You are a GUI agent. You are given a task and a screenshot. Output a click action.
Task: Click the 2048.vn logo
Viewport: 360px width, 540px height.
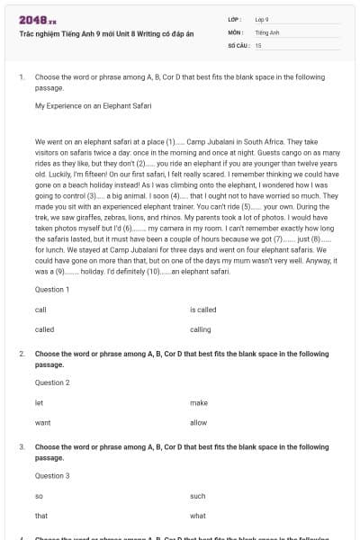(x=31, y=19)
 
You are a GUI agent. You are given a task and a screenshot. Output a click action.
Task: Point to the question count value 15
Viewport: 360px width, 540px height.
(x=258, y=44)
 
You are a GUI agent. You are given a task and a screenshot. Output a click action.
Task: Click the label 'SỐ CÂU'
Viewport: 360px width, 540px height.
(x=237, y=44)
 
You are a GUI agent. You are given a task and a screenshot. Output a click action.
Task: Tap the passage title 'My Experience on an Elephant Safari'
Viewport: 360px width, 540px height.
(x=93, y=105)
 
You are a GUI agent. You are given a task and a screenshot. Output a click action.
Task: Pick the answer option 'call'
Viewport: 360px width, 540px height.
(x=40, y=309)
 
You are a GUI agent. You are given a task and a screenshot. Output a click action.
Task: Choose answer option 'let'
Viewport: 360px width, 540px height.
(x=39, y=401)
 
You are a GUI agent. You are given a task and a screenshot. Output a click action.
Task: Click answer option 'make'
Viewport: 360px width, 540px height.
(x=199, y=401)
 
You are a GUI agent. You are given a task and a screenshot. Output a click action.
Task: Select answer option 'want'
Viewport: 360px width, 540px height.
(x=42, y=422)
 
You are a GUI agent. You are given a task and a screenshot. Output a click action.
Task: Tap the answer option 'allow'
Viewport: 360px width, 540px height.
(x=199, y=422)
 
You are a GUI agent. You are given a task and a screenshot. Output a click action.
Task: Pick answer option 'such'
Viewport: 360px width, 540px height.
(x=199, y=495)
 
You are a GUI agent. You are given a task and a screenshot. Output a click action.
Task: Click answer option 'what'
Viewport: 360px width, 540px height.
(x=199, y=516)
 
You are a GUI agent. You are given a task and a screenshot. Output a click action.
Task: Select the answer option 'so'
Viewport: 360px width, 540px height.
(x=39, y=495)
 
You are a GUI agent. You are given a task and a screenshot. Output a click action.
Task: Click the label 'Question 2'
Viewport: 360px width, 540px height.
(x=52, y=382)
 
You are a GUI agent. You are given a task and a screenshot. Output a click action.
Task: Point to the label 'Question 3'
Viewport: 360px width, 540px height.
(x=52, y=475)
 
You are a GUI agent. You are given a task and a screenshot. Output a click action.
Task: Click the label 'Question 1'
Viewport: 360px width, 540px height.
(x=52, y=289)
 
